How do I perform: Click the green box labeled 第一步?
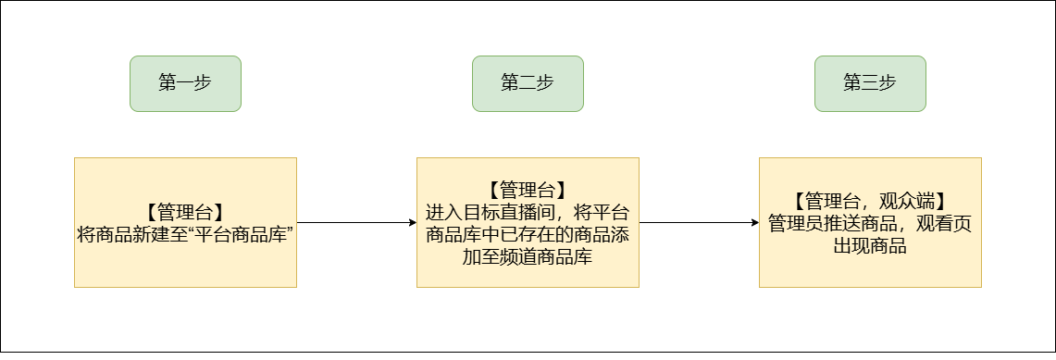(185, 83)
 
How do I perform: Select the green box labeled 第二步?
(528, 83)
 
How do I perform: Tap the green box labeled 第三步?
(870, 83)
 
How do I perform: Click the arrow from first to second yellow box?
(357, 223)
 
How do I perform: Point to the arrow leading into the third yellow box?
(699, 223)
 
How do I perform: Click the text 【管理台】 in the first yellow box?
(185, 213)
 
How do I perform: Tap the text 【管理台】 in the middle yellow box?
(528, 191)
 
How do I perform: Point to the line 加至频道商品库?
(528, 257)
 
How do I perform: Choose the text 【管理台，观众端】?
(870, 201)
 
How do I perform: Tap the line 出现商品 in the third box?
(870, 245)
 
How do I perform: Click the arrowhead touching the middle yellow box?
(413, 223)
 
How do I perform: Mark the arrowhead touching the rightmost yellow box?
(755, 223)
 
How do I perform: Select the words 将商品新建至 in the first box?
(128, 235)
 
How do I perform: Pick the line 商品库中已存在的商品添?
(528, 235)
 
